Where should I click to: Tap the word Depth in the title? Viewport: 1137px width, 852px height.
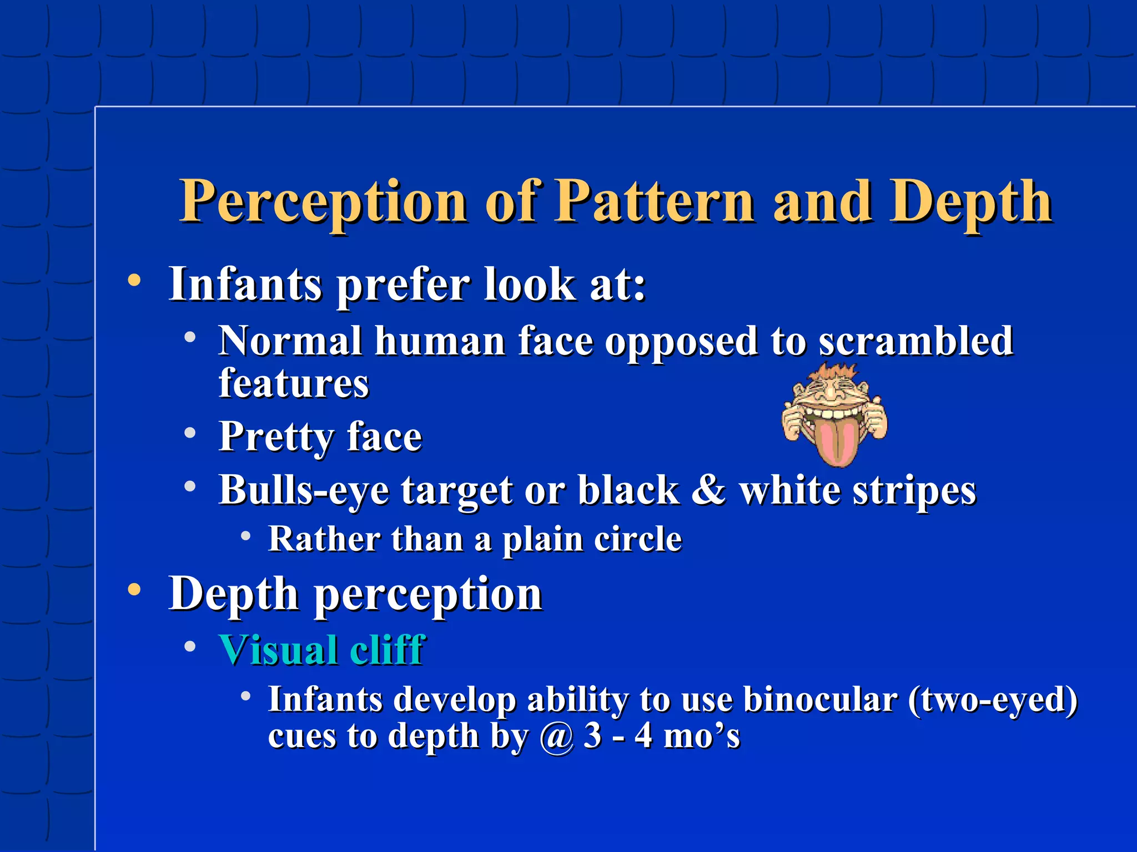click(x=970, y=202)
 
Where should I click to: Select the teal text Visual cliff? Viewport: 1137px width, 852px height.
click(x=322, y=650)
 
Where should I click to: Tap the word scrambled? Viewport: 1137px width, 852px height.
click(x=916, y=341)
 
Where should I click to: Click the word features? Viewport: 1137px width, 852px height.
click(x=294, y=383)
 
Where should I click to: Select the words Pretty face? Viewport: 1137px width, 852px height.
click(x=320, y=437)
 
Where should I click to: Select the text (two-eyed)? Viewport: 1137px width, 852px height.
click(x=993, y=700)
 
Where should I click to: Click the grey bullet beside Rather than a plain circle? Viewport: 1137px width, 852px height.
click(x=246, y=536)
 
